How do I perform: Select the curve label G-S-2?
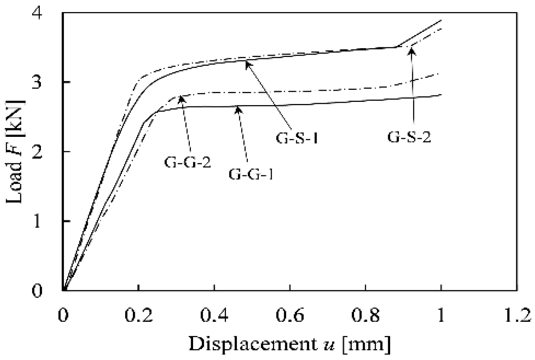409,137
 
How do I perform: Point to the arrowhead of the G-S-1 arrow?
247,62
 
